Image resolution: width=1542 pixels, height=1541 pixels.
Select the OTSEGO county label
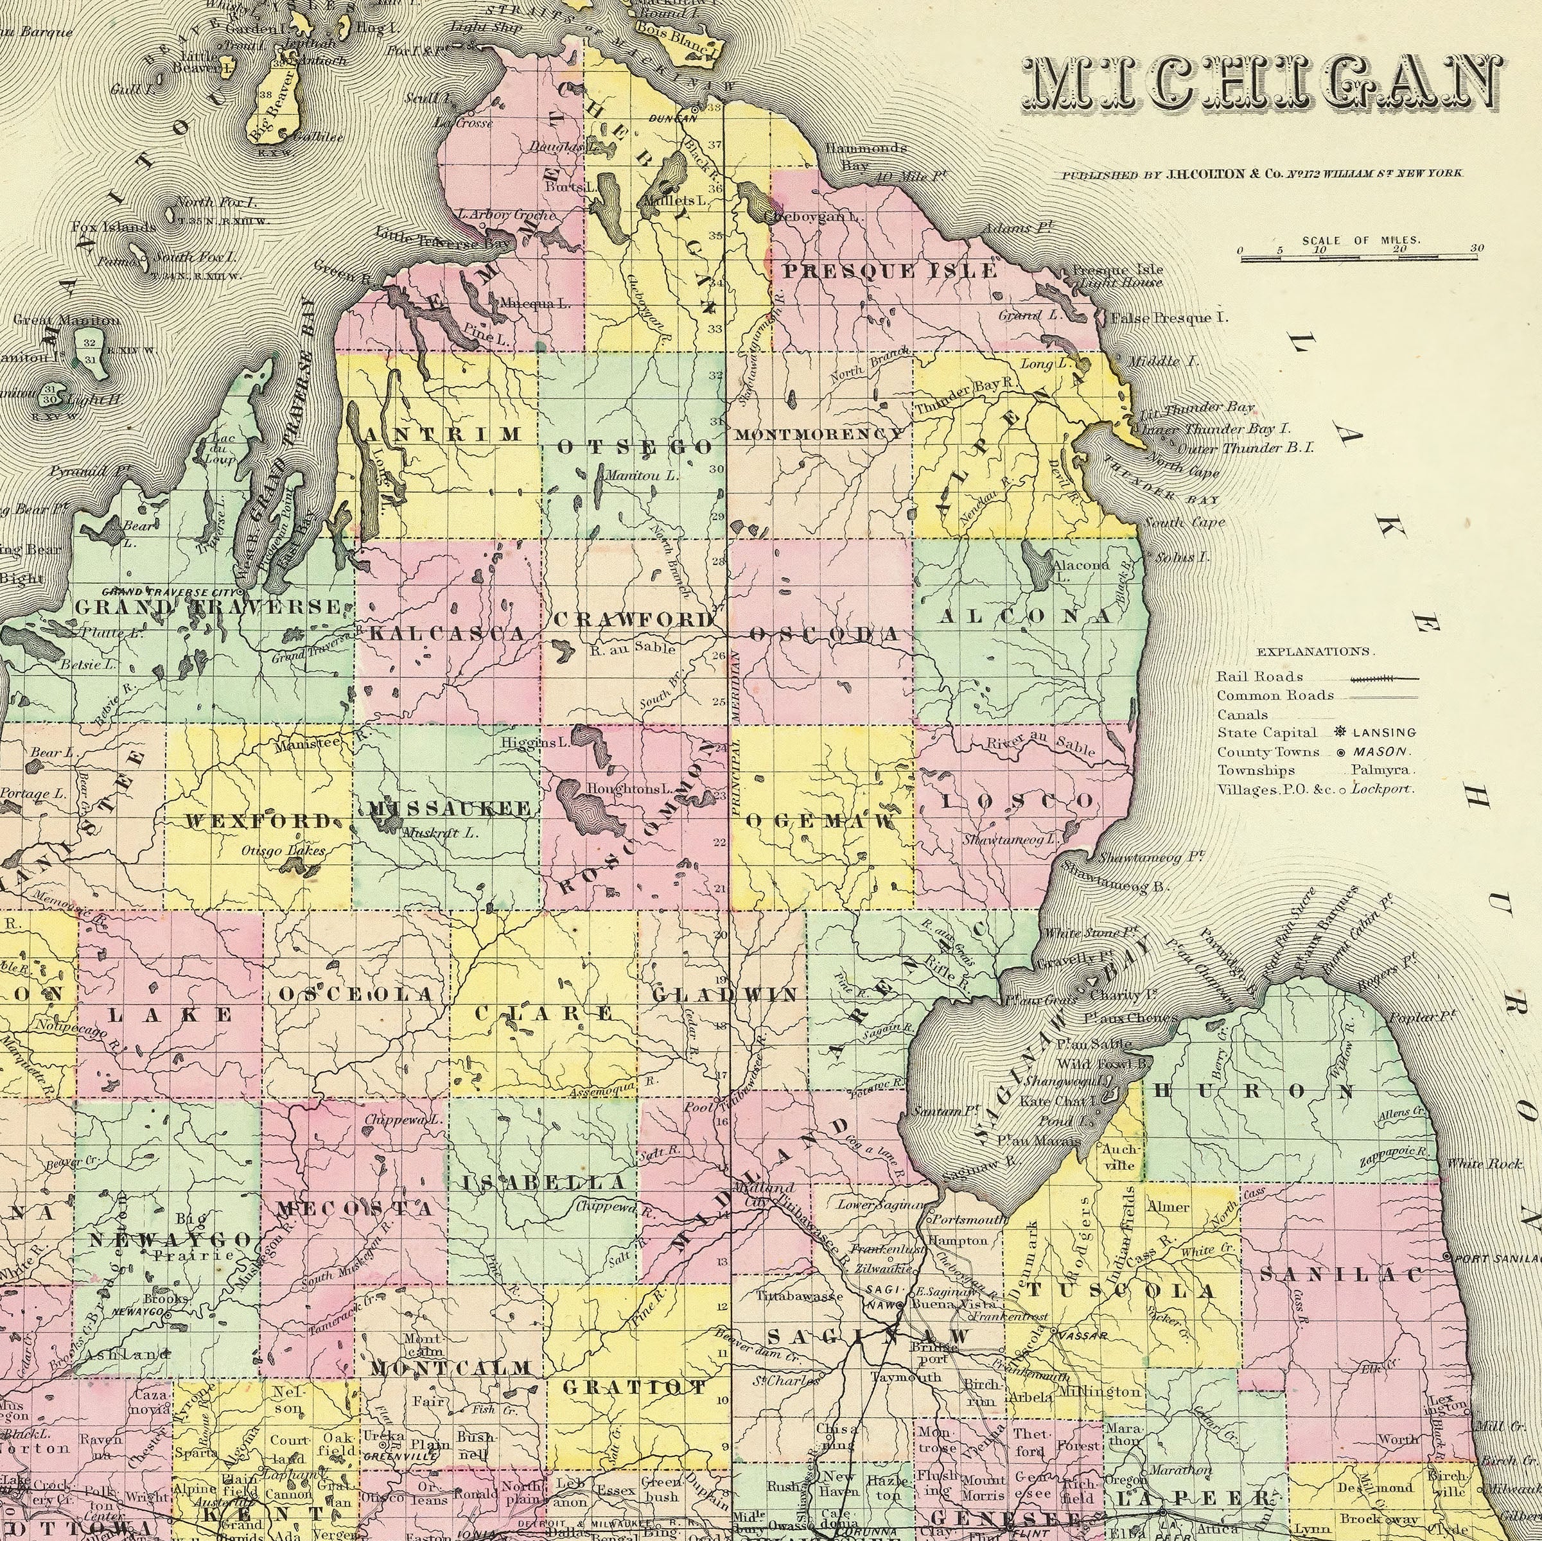pos(635,447)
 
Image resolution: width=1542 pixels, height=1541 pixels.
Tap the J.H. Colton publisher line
pos(1261,174)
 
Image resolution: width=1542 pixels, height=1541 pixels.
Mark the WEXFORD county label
pos(257,821)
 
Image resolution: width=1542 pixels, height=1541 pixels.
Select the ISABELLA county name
pos(545,1183)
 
